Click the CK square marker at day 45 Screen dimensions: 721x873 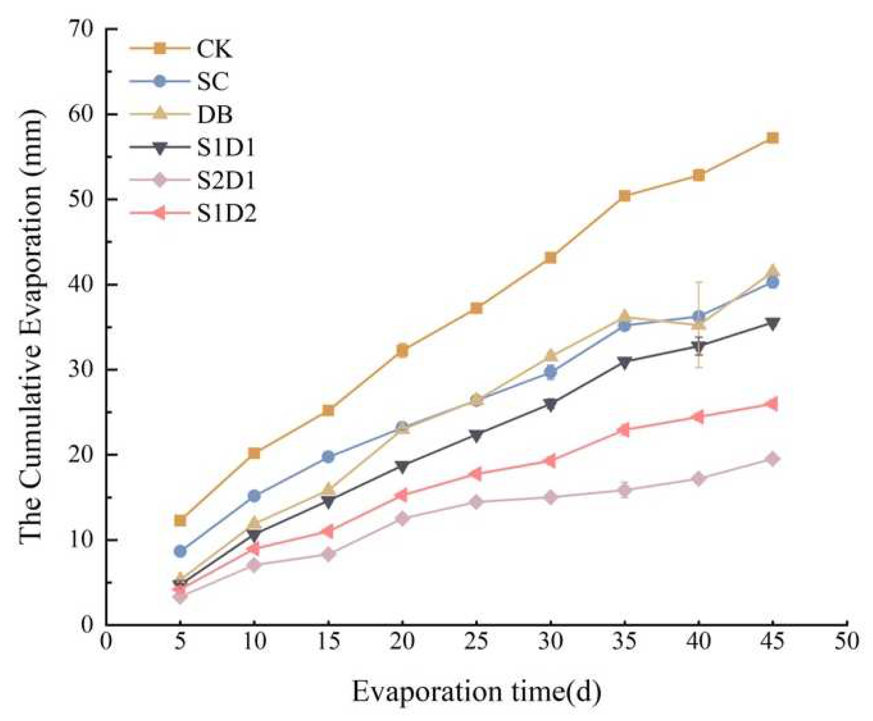[773, 138]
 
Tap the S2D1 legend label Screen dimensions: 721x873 [226, 180]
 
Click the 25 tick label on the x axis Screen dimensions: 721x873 [476, 642]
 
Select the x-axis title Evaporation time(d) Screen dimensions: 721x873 [476, 691]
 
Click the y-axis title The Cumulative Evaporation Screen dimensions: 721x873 [32, 326]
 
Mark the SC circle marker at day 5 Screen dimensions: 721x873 [180, 551]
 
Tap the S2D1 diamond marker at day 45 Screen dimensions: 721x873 [773, 459]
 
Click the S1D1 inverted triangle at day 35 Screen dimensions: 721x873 [625, 362]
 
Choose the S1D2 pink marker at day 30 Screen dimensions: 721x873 [550, 461]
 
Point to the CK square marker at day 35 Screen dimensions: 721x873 [625, 196]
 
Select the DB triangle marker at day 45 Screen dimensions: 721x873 [773, 271]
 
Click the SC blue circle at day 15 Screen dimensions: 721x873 [328, 457]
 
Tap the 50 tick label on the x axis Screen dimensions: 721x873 [846, 642]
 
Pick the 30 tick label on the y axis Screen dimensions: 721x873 [81, 370]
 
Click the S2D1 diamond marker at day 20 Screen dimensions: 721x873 [402, 519]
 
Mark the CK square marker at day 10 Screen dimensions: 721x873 [254, 453]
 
